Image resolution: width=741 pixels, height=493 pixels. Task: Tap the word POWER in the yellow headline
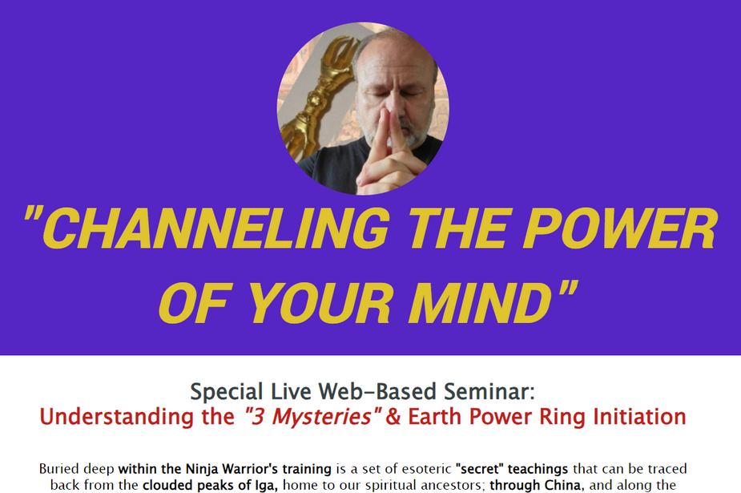click(x=620, y=228)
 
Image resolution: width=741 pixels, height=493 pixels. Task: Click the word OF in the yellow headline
click(x=195, y=303)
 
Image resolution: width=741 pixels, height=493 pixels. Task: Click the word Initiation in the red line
click(x=639, y=417)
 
